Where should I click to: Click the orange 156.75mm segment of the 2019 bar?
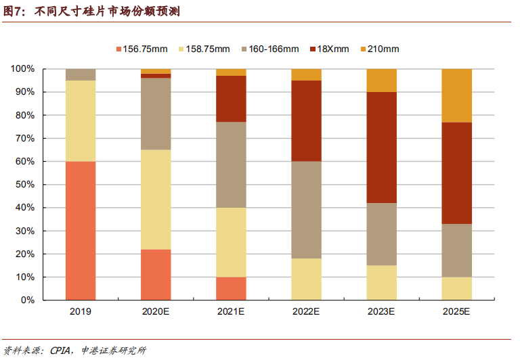pos(81,231)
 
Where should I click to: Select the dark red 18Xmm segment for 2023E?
pos(381,148)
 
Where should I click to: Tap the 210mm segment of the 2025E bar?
pos(456,95)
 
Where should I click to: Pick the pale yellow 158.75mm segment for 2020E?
pos(156,200)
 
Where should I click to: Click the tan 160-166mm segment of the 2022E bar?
pos(306,210)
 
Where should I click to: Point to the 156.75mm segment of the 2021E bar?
pos(231,288)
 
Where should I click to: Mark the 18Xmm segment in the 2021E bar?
pos(231,99)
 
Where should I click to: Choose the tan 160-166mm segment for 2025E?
pos(456,251)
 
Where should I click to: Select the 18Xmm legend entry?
pos(330,49)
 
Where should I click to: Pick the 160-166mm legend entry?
pos(269,49)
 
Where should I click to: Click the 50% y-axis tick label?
pos(24,185)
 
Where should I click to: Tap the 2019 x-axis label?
pos(81,312)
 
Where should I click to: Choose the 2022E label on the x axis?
pos(306,312)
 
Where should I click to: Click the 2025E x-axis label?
pos(456,312)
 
